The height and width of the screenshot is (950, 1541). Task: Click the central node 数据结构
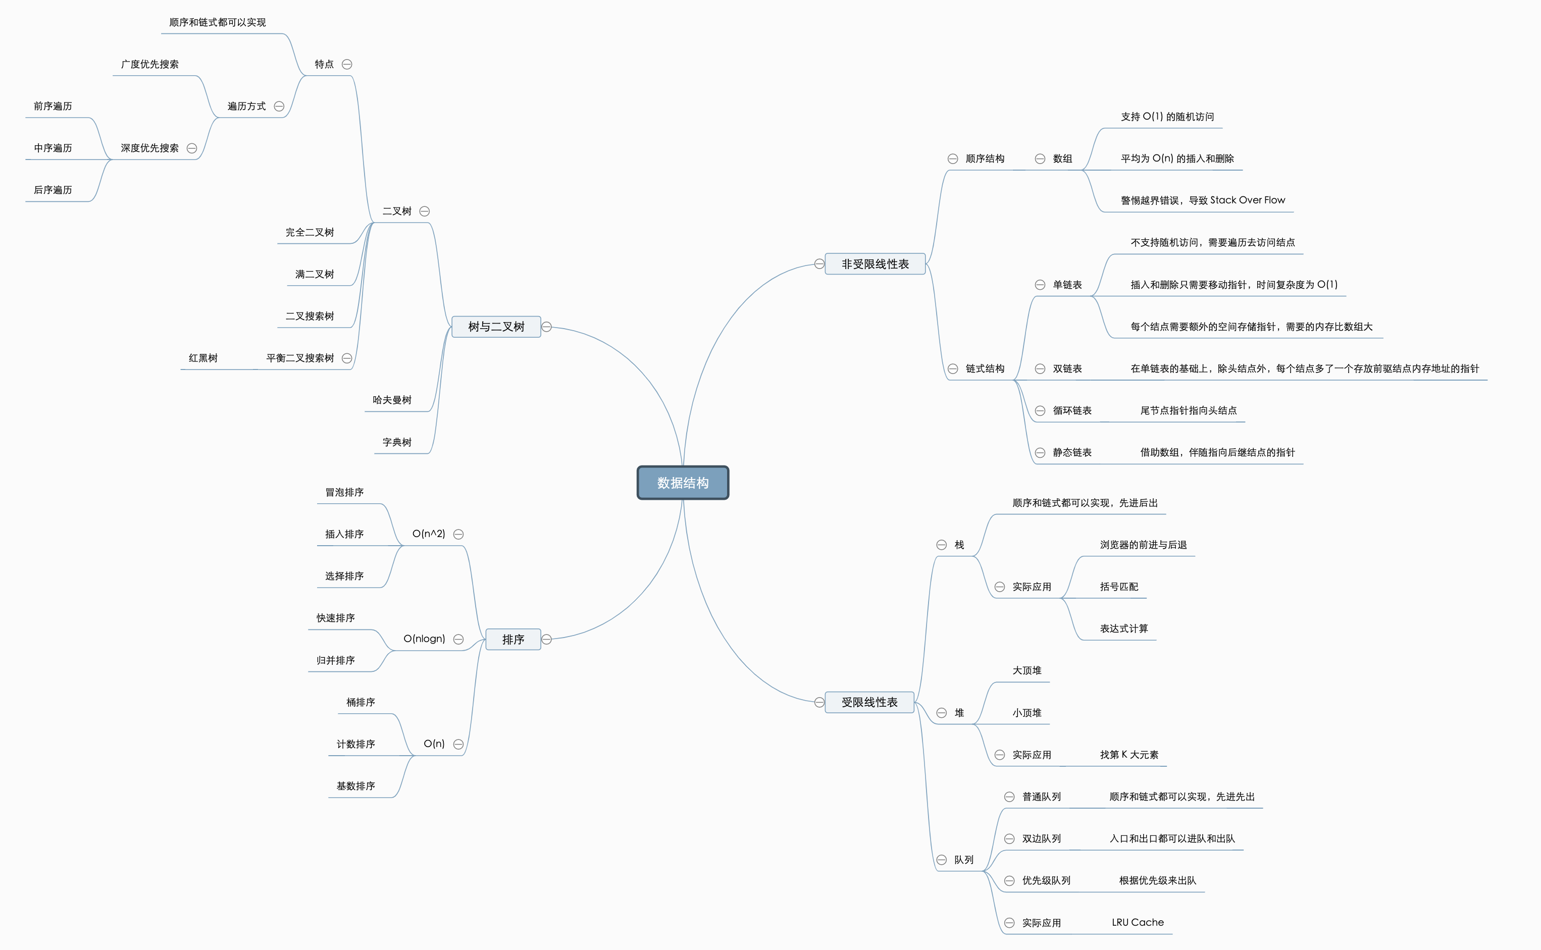click(683, 483)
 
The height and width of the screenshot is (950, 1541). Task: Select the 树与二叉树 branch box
click(496, 327)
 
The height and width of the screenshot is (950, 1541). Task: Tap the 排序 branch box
click(513, 639)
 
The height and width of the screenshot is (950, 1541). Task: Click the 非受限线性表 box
click(875, 264)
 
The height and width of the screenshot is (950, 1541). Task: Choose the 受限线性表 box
click(869, 702)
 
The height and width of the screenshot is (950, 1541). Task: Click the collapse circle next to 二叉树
click(425, 211)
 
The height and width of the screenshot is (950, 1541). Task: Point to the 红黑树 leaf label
click(203, 358)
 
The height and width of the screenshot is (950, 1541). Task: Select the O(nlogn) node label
click(424, 639)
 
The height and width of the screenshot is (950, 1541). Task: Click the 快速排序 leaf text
click(336, 618)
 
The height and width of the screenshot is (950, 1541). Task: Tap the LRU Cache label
click(1138, 922)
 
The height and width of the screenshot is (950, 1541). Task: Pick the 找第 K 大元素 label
click(1128, 755)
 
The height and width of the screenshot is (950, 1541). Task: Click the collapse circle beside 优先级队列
click(1009, 881)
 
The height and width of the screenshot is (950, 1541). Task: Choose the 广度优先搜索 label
click(149, 64)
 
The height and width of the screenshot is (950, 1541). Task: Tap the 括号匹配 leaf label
click(1119, 586)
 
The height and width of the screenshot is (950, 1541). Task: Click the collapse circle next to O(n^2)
click(459, 534)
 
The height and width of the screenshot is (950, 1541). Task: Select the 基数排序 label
click(355, 786)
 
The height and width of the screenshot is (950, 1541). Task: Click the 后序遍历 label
click(53, 190)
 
